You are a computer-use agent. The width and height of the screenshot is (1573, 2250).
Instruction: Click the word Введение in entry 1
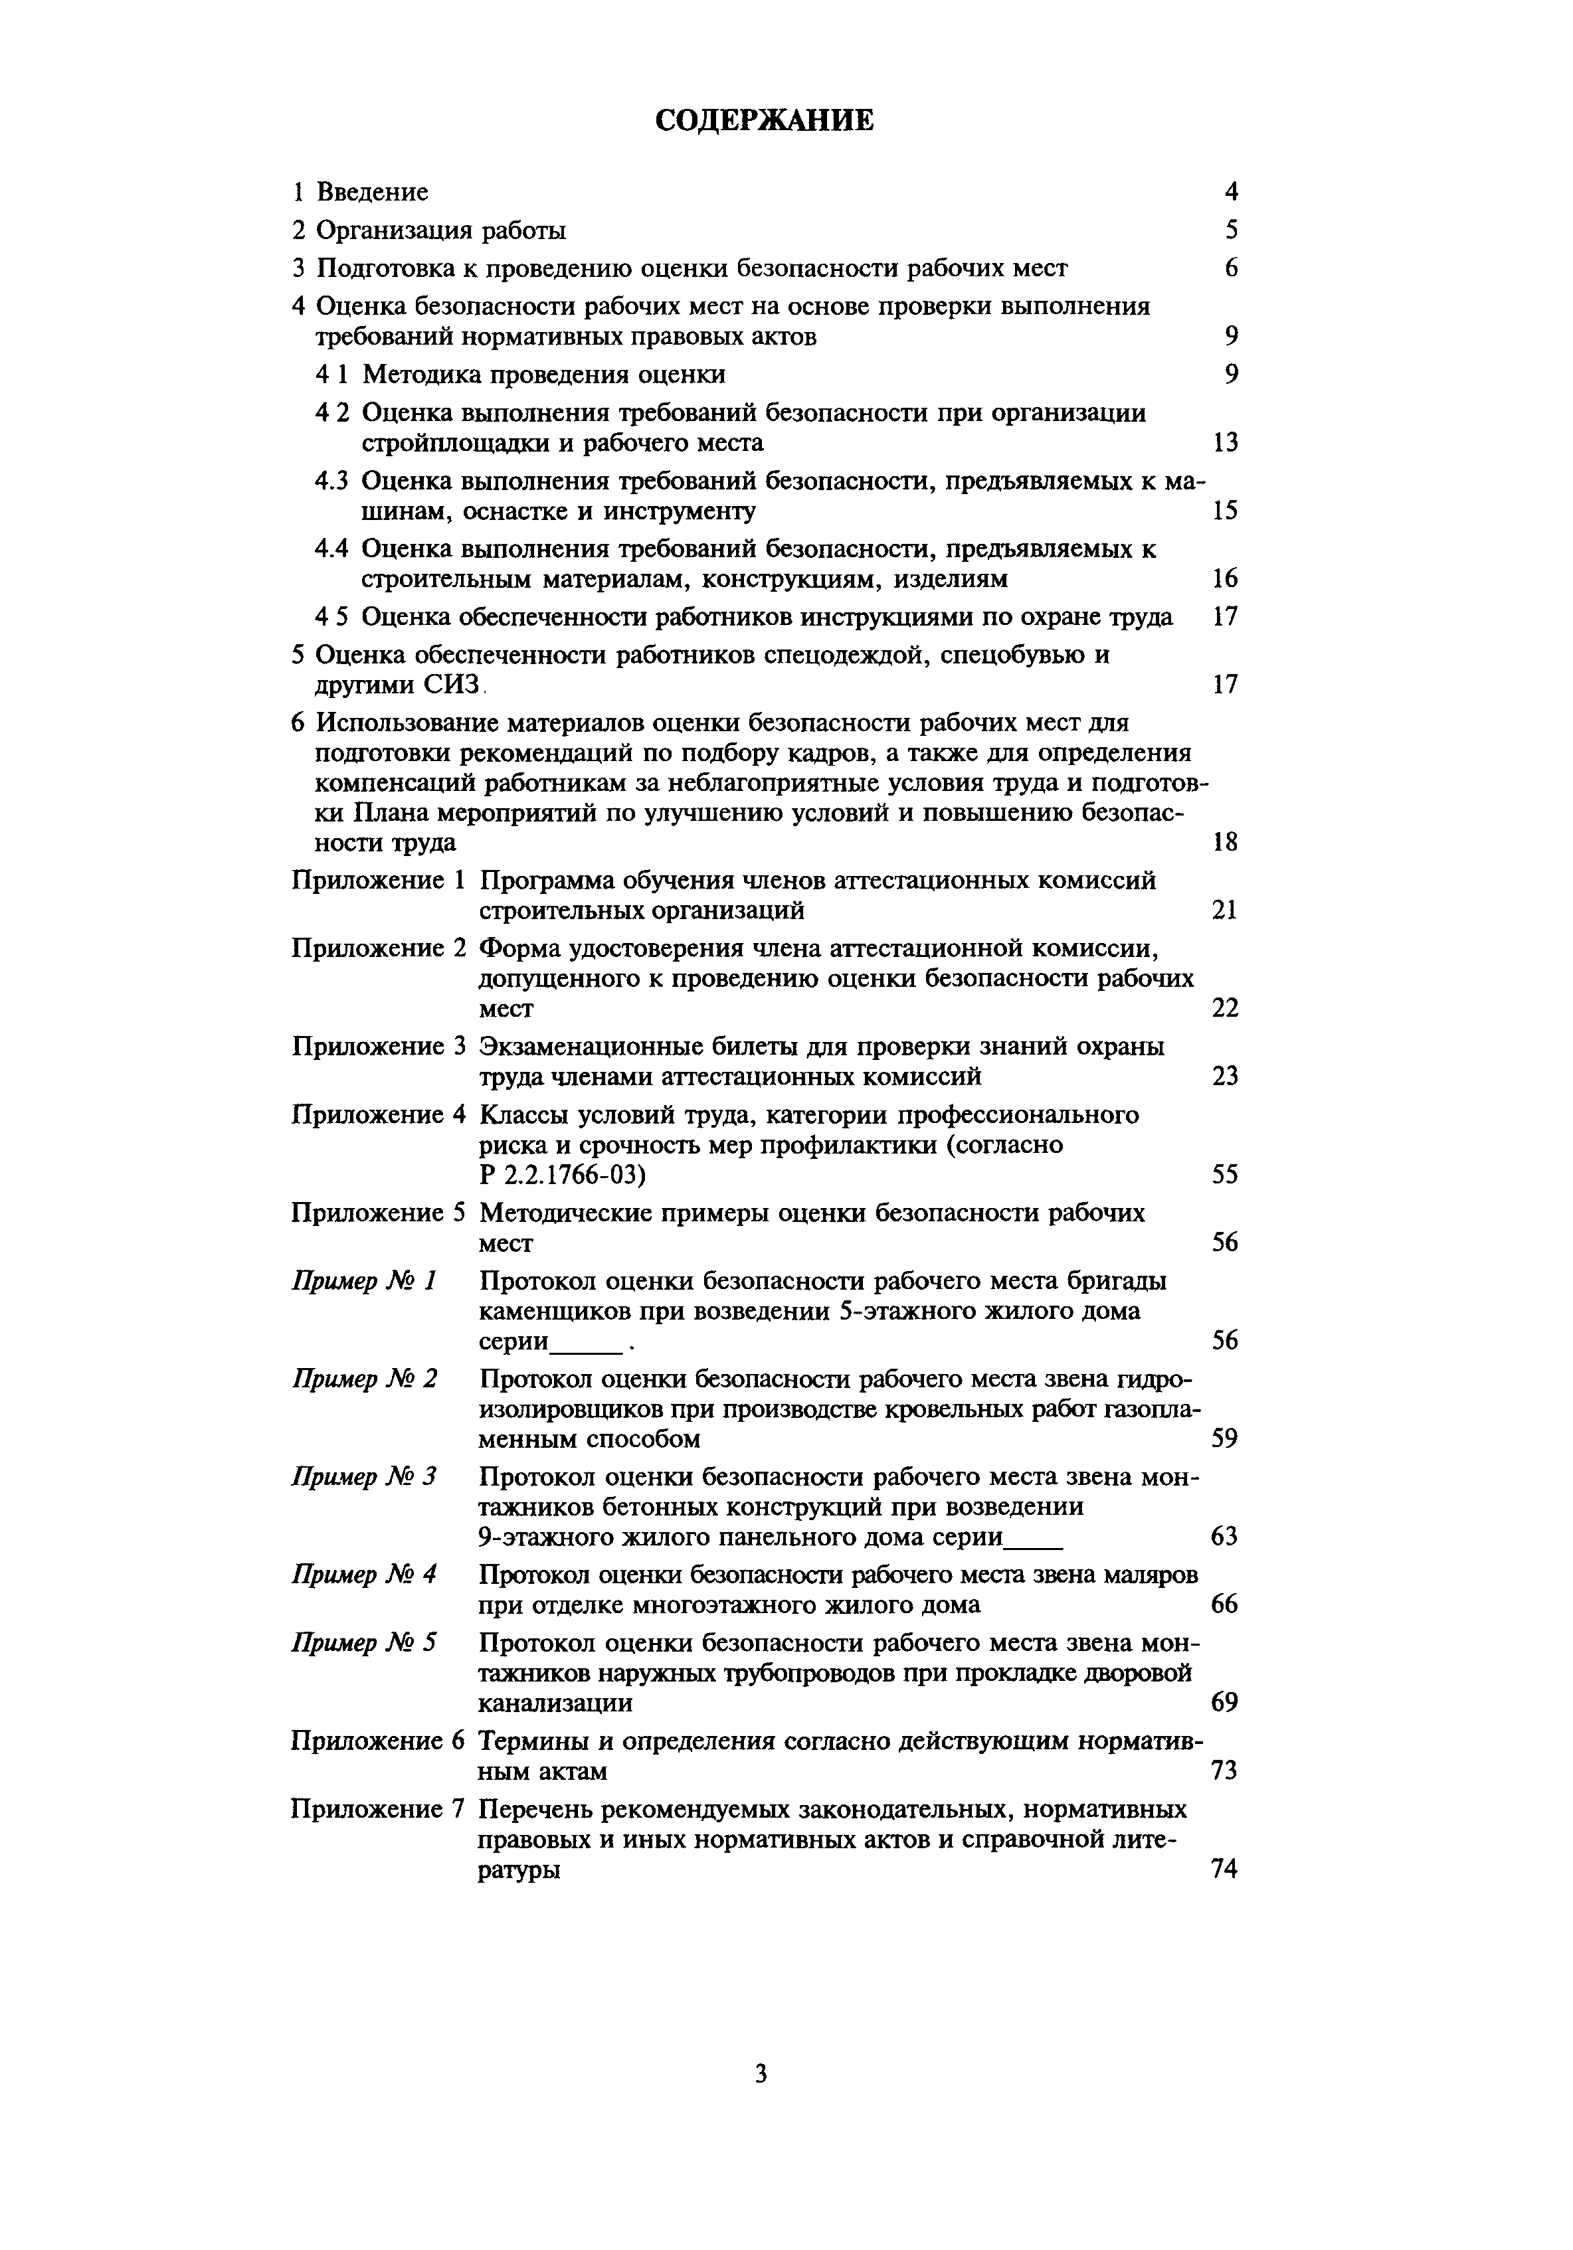point(373,192)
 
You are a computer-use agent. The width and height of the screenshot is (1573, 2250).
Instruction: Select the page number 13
point(1225,443)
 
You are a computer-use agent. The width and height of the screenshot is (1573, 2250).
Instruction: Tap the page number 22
point(1225,1008)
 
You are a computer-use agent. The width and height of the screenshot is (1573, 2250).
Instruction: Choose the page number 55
point(1225,1175)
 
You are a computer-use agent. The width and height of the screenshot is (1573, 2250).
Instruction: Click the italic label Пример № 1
point(363,1282)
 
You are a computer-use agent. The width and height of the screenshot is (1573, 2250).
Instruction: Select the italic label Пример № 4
point(363,1575)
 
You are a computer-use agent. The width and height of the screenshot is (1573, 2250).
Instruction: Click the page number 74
point(1225,1869)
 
